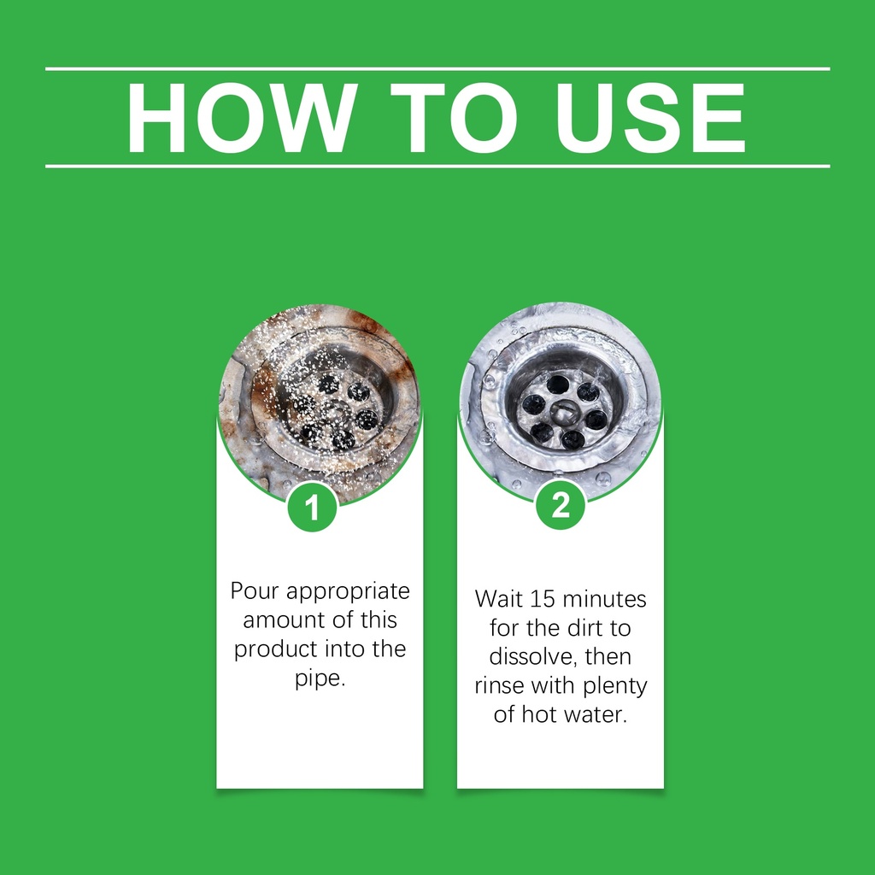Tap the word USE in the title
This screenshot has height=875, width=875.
pyautogui.click(x=650, y=118)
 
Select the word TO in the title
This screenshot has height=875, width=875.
pyautogui.click(x=454, y=118)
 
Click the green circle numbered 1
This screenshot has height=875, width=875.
pyautogui.click(x=312, y=507)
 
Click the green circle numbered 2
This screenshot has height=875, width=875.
pyautogui.click(x=561, y=505)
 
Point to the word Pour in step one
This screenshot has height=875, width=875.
pyautogui.click(x=255, y=590)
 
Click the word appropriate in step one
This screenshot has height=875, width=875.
pyautogui.click(x=348, y=592)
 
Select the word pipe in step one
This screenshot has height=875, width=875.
pyautogui.click(x=320, y=679)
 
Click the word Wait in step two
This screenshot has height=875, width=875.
pyautogui.click(x=499, y=599)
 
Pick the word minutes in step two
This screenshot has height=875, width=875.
pyautogui.click(x=604, y=599)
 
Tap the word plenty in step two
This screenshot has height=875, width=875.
pyautogui.click(x=615, y=687)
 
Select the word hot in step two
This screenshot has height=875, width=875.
pyautogui.click(x=537, y=714)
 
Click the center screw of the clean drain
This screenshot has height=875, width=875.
pyautogui.click(x=561, y=412)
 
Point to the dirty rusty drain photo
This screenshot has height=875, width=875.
pyautogui.click(x=320, y=402)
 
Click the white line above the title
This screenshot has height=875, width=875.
pyautogui.click(x=437, y=69)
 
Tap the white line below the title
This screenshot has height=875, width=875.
pyautogui.click(x=437, y=167)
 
